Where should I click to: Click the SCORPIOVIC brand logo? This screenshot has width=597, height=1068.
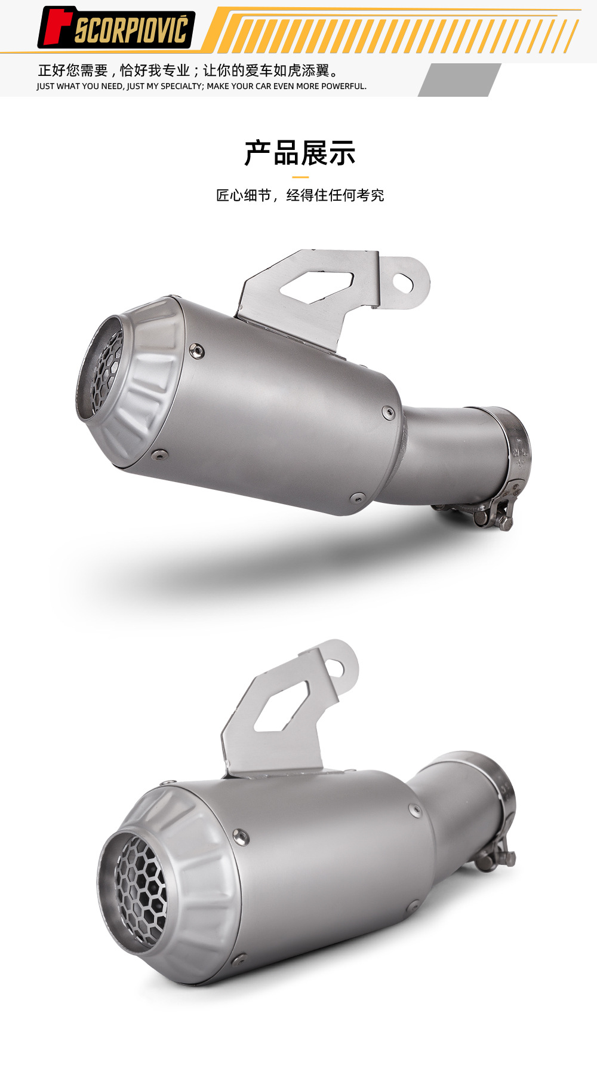(x=116, y=27)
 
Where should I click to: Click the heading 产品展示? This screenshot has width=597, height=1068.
(x=300, y=153)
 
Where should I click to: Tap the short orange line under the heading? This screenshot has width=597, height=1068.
(x=300, y=177)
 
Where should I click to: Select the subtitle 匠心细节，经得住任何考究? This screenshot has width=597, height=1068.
(x=300, y=195)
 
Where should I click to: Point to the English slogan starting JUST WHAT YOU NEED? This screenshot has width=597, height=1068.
(x=201, y=86)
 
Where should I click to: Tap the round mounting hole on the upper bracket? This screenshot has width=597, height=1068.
(x=404, y=284)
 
